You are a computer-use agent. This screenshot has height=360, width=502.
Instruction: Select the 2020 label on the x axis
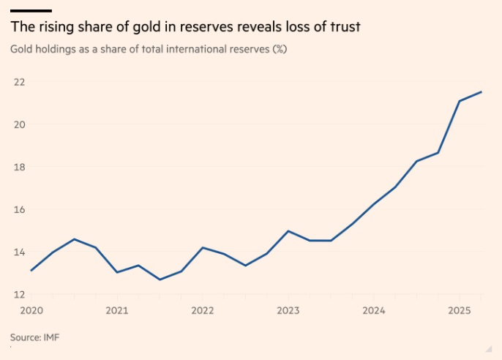coord(31,310)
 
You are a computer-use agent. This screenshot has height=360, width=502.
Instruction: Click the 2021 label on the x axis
coord(117,310)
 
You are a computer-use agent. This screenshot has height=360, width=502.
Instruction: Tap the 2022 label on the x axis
coord(203,310)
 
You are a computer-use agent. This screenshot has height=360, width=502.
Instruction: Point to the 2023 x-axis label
coord(288,310)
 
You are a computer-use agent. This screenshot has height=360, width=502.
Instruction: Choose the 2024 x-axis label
coord(374,310)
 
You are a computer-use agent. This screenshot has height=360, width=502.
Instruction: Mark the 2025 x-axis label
coord(460,310)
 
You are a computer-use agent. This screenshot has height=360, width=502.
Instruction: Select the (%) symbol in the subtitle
coord(279,50)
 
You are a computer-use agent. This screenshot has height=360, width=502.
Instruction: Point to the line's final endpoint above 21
coord(481,92)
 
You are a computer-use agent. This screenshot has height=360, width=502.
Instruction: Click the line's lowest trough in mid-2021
coord(160,280)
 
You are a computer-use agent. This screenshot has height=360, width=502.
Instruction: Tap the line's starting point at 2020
coord(31,271)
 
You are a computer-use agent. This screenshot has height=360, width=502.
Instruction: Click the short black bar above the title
coord(31,11)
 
